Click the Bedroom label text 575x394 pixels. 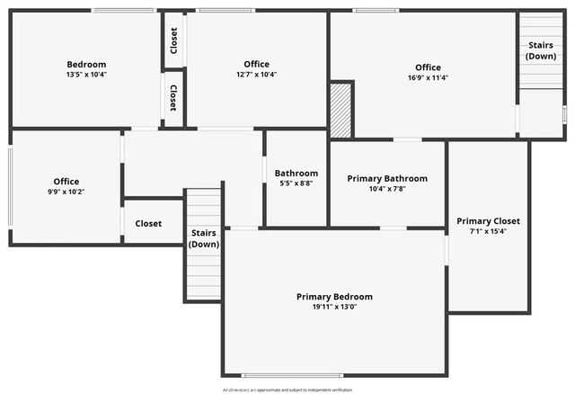[86, 64]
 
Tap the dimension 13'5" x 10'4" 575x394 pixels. [86, 75]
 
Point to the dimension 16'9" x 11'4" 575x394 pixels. [428, 78]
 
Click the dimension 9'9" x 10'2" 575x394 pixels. [66, 192]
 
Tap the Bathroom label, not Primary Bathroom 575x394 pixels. [296, 173]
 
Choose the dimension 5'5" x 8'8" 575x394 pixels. [296, 184]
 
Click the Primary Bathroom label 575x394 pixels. [387, 178]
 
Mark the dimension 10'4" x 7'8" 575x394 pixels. [387, 189]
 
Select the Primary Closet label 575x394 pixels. [488, 220]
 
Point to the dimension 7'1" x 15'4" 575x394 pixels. [488, 231]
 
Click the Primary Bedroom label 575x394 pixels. [334, 296]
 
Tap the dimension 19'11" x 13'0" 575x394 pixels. [334, 308]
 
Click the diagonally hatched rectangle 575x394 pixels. [341, 111]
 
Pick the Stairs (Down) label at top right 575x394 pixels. [541, 50]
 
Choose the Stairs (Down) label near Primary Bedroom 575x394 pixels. [204, 238]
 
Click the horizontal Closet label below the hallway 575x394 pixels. [148, 223]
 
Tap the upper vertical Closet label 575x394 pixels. [173, 40]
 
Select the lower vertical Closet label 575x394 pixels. [173, 98]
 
